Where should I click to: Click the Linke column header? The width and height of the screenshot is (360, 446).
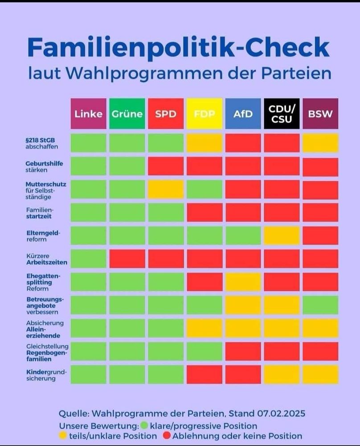88,114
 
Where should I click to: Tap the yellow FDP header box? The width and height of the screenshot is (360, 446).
204,114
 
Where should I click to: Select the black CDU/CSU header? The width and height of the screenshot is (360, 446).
282,114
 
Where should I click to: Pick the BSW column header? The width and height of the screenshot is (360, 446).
320,114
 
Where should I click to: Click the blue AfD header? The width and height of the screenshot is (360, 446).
243,114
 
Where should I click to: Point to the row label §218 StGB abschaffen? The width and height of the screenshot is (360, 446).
41,143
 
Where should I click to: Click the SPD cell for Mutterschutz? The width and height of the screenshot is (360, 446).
166,190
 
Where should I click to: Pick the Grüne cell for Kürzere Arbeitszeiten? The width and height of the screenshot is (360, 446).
127,259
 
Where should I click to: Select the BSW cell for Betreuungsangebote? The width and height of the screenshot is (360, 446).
320,305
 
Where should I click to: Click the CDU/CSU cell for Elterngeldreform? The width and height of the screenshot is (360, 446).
282,235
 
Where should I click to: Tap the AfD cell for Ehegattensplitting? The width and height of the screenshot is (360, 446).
243,282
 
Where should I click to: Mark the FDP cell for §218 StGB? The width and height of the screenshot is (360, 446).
204,143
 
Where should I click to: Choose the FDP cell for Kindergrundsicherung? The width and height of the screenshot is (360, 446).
204,375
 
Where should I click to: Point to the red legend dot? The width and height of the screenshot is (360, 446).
167,436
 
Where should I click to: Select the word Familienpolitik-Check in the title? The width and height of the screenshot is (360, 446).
178,48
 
